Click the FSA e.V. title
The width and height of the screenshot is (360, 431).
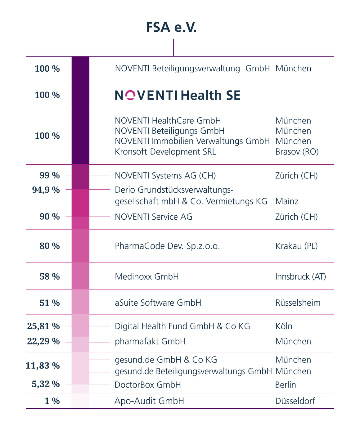171,28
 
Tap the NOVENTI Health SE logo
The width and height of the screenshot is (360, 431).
178,95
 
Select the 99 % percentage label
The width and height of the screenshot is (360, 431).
50,176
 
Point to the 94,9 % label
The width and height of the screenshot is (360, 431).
46,190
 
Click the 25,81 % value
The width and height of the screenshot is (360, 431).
43,326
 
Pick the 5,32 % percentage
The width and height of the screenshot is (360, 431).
46,384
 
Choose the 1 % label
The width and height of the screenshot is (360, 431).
52,401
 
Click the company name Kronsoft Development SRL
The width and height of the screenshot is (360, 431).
165,152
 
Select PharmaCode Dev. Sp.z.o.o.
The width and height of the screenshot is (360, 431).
167,246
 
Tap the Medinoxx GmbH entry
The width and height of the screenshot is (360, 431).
146,276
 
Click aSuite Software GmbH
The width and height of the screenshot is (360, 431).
158,303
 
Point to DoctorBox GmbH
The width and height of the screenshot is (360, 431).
147,385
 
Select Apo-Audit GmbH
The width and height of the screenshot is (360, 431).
149,401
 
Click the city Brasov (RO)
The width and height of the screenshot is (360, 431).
297,152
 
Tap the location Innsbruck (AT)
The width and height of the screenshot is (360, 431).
300,276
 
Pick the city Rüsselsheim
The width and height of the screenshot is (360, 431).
298,303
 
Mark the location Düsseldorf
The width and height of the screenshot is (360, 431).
295,401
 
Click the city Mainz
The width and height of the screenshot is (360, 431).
287,201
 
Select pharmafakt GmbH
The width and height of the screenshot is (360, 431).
150,342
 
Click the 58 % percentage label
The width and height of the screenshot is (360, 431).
50,276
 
